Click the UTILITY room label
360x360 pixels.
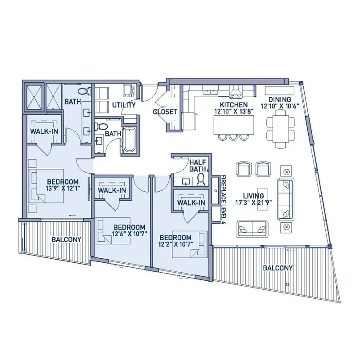[124, 105]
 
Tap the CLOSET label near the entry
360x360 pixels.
[165, 112]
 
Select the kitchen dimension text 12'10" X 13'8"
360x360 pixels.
[234, 111]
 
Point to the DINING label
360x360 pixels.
[279, 99]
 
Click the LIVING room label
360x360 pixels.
[253, 196]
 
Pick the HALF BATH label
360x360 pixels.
[198, 166]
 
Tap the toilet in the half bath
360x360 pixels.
[201, 179]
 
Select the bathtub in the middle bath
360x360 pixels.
[130, 140]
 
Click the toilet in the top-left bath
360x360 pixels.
[84, 91]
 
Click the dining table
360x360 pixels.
[280, 129]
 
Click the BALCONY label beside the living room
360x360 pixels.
[278, 268]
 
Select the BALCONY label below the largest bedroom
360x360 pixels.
[66, 239]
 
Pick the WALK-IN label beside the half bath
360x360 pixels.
[191, 203]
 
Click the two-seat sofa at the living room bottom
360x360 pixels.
[252, 229]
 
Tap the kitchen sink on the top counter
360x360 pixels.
[211, 92]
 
